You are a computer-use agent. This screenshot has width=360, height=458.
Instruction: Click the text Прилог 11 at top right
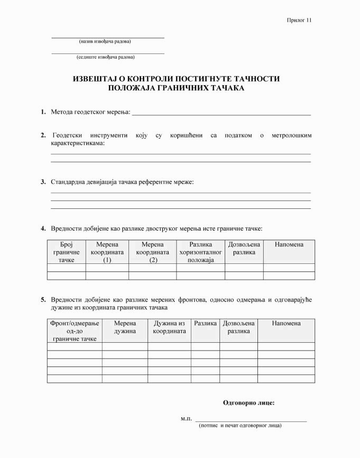tap(300, 20)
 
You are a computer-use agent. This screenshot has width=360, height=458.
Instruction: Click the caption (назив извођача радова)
tap(105, 41)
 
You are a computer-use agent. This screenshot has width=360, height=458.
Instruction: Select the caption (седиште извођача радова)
tap(105, 57)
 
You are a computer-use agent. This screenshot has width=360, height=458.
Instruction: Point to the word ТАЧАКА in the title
tap(227, 88)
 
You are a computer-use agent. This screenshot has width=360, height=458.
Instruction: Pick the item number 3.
tap(43, 182)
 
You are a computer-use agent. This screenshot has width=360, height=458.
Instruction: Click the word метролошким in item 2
tap(291, 135)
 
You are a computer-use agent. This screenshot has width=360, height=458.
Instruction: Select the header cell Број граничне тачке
tap(67, 252)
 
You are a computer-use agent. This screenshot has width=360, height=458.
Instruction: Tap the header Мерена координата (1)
tap(107, 252)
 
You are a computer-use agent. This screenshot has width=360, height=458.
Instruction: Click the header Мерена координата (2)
tap(152, 252)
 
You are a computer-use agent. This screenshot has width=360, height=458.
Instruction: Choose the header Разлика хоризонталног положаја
tap(200, 252)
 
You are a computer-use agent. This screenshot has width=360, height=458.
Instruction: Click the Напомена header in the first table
tap(289, 244)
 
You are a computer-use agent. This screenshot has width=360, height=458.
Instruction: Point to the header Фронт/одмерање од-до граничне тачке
tap(75, 331)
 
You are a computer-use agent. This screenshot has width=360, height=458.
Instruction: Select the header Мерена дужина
tap(125, 327)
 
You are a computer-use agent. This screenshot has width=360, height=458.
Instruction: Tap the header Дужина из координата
tap(169, 327)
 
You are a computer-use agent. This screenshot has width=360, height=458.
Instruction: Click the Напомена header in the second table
tap(286, 323)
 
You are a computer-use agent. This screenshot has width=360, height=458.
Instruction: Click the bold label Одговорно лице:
tap(248, 403)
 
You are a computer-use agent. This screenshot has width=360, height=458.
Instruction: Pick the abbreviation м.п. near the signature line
tap(186, 418)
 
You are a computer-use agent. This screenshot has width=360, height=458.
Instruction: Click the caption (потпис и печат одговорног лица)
tap(240, 425)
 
